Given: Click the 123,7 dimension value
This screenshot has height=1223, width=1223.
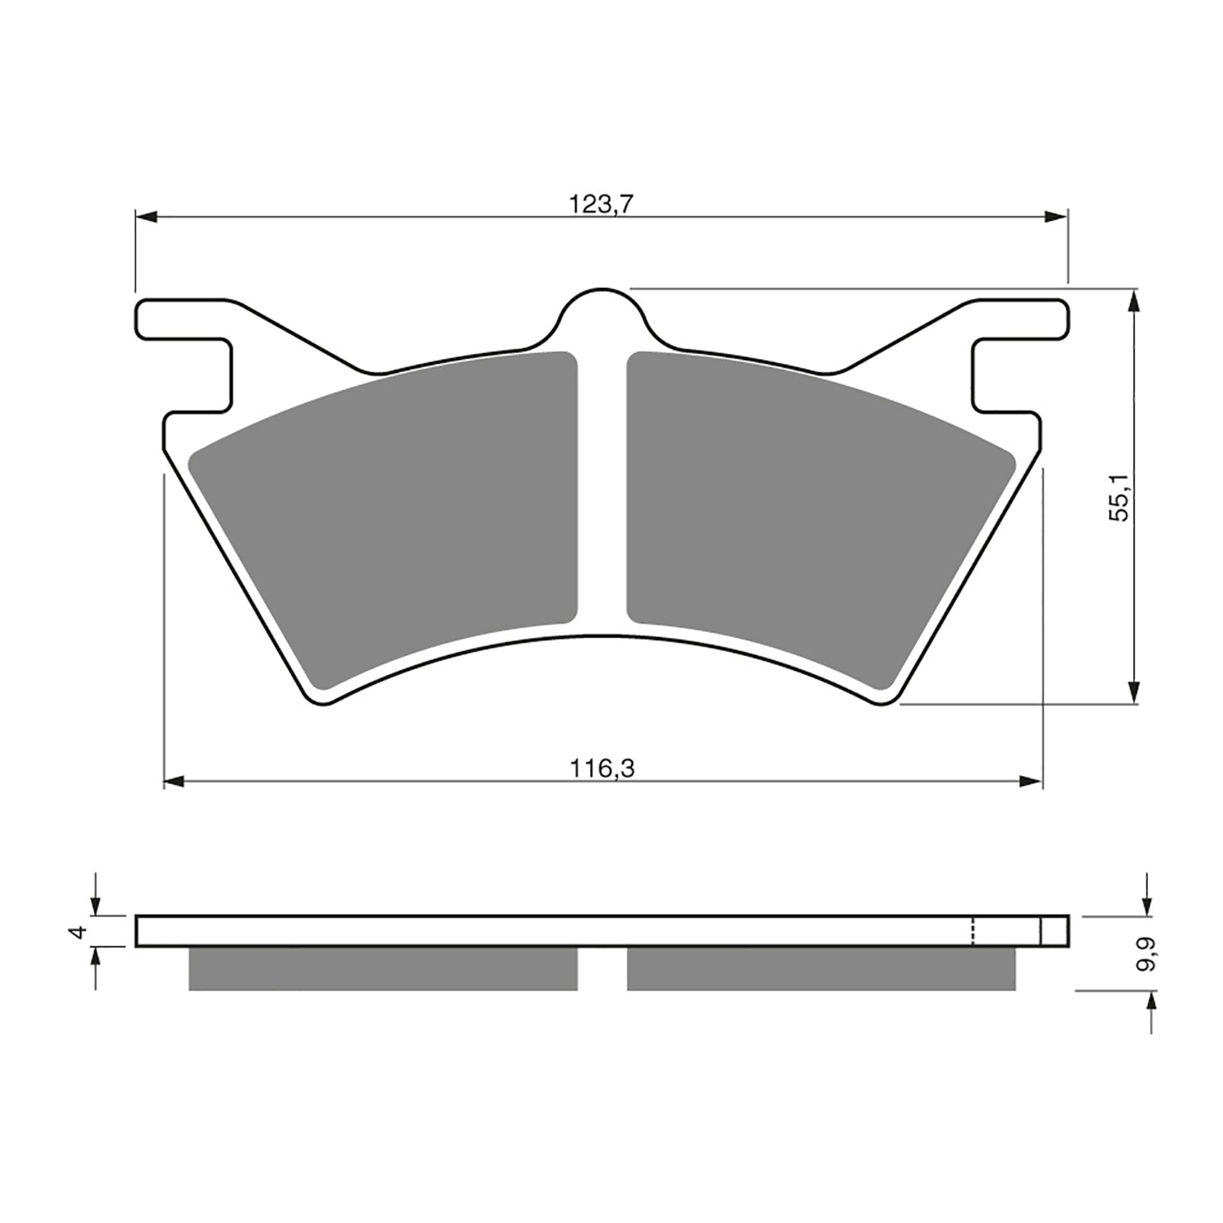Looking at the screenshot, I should click(602, 205).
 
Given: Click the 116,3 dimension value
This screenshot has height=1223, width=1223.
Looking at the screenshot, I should click(602, 767).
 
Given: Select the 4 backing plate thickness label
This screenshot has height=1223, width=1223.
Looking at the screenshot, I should click(76, 932).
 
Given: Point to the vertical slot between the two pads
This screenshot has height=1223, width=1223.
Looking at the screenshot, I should click(602, 489).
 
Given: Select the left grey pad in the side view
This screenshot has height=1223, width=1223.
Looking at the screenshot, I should click(382, 968).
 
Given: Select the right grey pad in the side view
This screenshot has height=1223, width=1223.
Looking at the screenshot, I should click(822, 968).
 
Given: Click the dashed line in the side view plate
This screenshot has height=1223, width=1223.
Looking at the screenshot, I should click(972, 930).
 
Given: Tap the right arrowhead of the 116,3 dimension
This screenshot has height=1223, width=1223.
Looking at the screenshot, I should click(1031, 781).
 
